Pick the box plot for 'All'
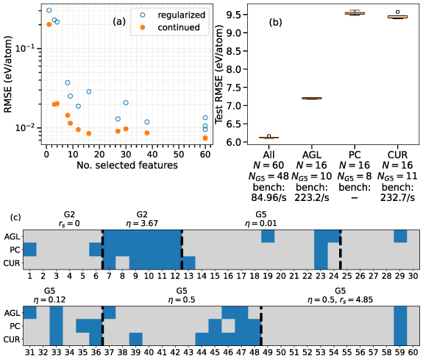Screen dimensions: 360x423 [269, 138]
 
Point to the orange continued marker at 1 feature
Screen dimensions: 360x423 [49, 24]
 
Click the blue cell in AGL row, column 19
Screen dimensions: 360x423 [268, 236]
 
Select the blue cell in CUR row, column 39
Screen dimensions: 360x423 [135, 338]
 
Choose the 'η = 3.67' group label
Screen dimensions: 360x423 [142, 222]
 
